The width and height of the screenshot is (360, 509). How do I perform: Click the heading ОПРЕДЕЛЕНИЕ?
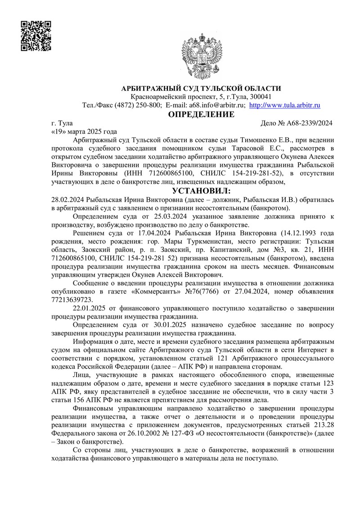(x=201, y=114)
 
